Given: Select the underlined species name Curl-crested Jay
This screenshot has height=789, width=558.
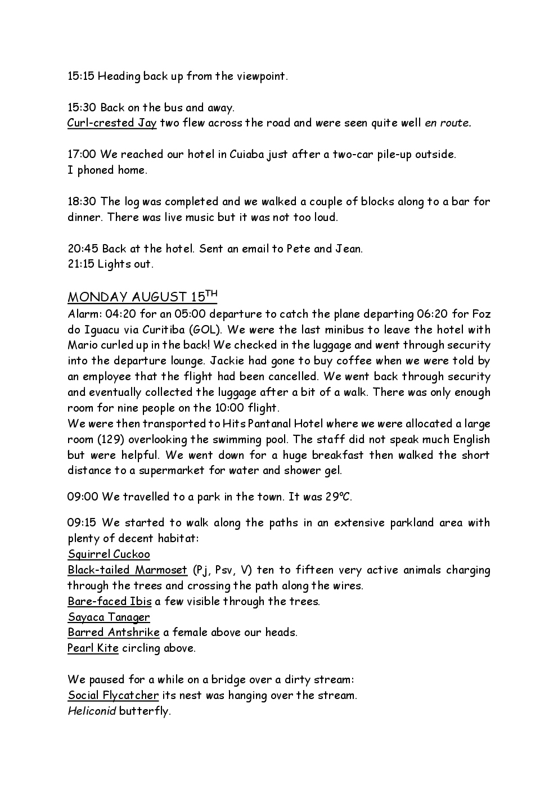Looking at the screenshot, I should (111, 123).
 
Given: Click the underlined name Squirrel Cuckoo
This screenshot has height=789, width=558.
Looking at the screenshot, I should (109, 554).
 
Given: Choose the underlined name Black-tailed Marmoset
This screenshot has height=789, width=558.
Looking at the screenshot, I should (127, 570).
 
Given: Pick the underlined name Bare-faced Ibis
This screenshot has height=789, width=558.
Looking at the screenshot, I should (109, 602).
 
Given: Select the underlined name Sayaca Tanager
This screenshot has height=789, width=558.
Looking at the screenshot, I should (109, 617).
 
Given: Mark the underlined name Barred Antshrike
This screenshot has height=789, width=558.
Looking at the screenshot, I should (113, 633).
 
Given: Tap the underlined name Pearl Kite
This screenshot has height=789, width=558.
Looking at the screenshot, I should (93, 648).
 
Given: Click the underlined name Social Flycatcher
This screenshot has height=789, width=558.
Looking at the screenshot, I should (113, 696).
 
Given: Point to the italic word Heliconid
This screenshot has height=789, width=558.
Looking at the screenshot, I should (92, 711).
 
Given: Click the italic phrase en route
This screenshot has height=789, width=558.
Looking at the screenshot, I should (448, 123).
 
